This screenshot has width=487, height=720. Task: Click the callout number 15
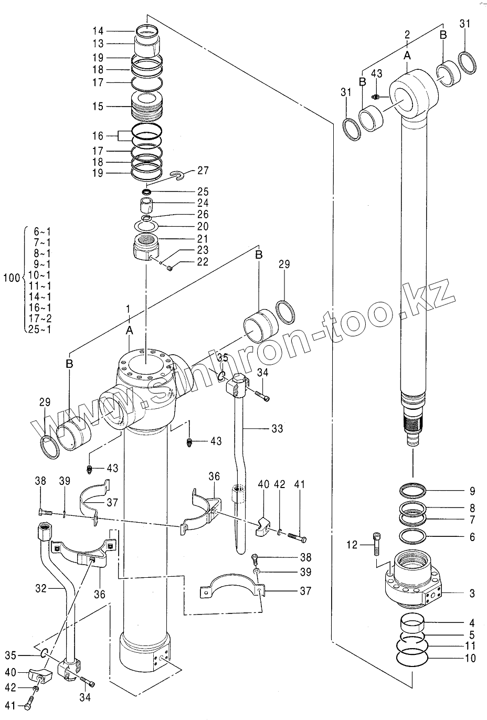coord(98,107)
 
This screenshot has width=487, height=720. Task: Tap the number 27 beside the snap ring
coord(203,171)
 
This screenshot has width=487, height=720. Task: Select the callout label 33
coord(277,429)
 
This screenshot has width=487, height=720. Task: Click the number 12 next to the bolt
coord(352,545)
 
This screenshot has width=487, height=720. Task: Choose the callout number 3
coord(472,594)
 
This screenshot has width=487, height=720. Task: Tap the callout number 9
coord(472,492)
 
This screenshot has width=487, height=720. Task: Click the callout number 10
coord(470,658)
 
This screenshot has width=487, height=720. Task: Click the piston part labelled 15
coord(146,106)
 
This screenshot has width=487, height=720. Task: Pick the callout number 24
coord(203,203)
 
